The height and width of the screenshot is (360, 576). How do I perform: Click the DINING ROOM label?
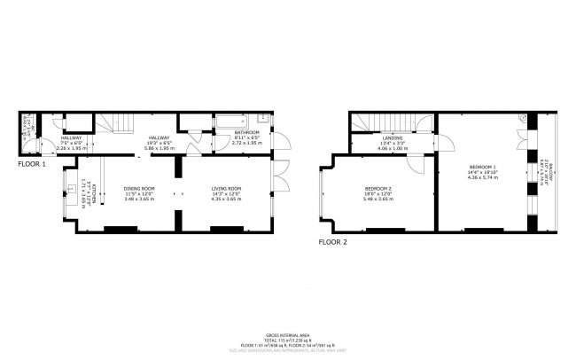139,189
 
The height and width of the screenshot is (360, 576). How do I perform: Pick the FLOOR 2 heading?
332,241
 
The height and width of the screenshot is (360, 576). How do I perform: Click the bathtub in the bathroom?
231,121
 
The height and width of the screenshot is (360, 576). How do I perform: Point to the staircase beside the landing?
377,121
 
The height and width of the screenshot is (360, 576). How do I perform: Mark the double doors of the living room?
282,177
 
